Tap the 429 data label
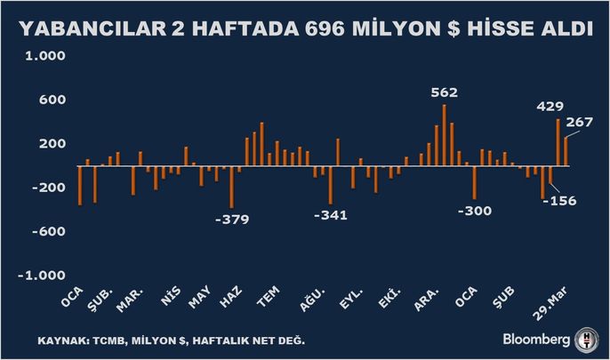coord(550,106)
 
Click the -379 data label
coord(232,219)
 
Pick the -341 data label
coord(329,215)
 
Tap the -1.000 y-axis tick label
coord(37,275)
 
